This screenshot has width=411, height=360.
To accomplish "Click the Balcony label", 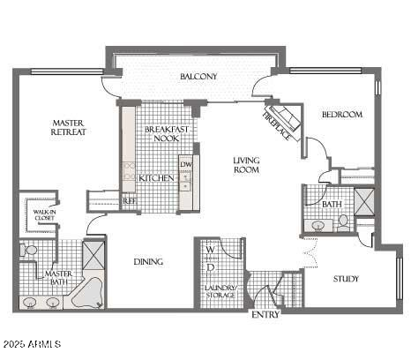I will pos(198,78).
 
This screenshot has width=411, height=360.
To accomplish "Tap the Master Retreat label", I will pos(68,128).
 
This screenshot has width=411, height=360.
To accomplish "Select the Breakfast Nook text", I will pos(162,134).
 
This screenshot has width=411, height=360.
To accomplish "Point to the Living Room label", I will pos(246,165).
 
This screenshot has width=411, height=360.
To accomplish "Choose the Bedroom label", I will pos(341,115).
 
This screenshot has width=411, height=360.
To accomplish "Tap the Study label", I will pos(346,280).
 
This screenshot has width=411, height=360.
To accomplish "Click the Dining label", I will pos(147,262).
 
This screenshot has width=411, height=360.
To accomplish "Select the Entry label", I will pos(265,315).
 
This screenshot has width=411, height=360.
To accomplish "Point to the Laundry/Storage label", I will pos(220,291).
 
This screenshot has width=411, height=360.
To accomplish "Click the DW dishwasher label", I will pos(185,164).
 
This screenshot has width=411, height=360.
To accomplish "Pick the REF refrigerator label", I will pos(129,201).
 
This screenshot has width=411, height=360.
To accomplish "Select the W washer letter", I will pos(210,251).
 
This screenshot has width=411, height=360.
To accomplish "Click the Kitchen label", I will pos(156,178).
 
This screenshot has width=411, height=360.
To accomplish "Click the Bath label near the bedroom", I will pos(332,205).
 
